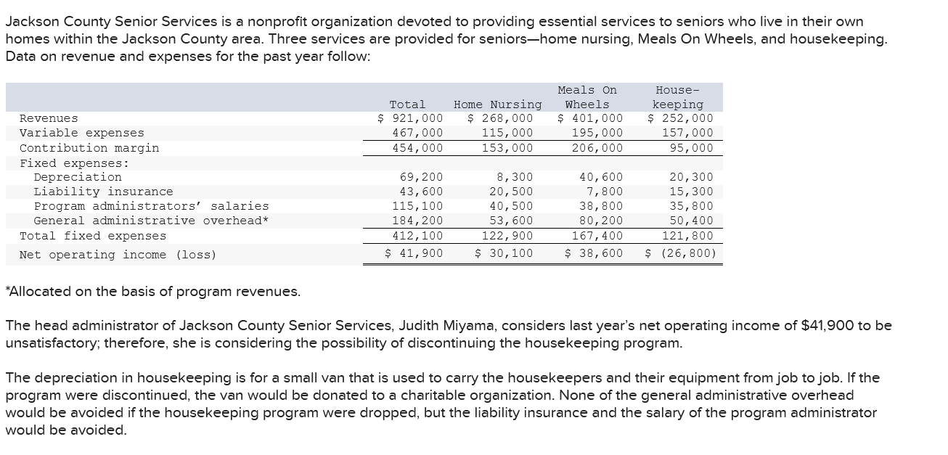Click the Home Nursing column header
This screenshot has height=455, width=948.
tap(497, 104)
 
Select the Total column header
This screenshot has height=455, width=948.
tap(407, 104)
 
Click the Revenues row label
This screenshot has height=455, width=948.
tap(49, 118)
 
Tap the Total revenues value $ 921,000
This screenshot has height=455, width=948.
tap(410, 118)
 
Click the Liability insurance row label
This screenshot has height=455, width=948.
tap(103, 192)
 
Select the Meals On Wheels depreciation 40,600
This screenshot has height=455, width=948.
tap(601, 177)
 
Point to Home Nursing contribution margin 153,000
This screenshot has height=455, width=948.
tap(507, 148)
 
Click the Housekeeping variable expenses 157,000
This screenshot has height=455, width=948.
tap(687, 133)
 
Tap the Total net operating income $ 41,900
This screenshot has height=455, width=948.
tap(413, 253)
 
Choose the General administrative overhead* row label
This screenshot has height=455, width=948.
tap(151, 221)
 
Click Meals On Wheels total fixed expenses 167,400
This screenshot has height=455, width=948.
tap(597, 236)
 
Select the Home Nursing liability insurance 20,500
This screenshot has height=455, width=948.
tap(510, 192)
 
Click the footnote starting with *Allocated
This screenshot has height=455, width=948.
tap(152, 292)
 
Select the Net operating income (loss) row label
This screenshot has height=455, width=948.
tap(118, 255)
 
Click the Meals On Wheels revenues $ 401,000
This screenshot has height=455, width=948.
tap(590, 118)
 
